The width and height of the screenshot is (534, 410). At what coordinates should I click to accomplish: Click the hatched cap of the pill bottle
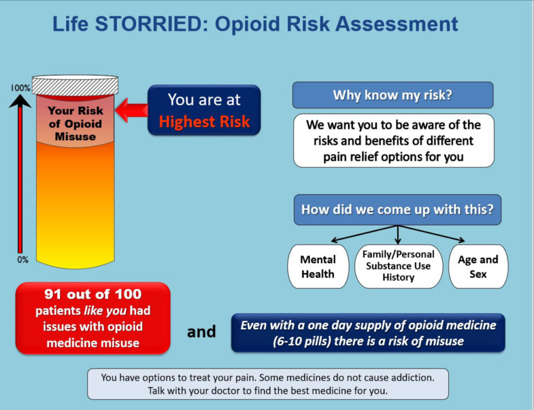(75, 85)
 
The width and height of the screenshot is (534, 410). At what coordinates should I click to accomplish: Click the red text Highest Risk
(204, 122)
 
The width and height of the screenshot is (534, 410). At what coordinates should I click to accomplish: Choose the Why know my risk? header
(393, 95)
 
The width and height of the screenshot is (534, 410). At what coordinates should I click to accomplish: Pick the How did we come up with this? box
(397, 209)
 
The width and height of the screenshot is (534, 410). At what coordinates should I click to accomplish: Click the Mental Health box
(318, 266)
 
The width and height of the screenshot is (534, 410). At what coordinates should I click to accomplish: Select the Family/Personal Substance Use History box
(398, 266)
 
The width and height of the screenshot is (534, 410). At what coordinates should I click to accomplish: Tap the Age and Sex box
(478, 266)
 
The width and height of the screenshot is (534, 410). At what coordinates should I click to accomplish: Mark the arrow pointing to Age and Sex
(435, 234)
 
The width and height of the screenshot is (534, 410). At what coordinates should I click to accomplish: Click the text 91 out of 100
(93, 294)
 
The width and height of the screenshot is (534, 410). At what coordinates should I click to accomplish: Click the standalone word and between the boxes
(201, 331)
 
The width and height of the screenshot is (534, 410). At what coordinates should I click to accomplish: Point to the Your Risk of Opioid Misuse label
(75, 124)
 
